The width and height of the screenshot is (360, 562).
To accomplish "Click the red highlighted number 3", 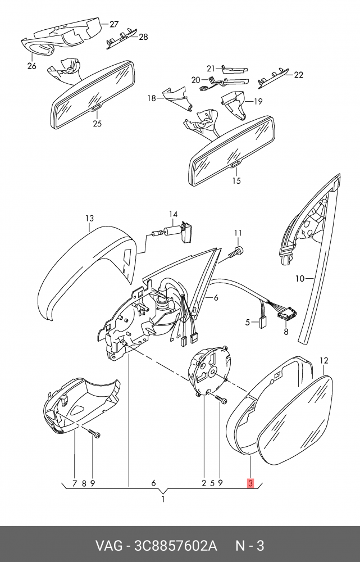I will [250, 483].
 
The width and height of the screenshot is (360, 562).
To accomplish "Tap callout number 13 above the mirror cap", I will [89, 218].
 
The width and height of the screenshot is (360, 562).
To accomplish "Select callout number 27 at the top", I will [114, 24].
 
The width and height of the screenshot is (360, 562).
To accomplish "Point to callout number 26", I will [31, 66].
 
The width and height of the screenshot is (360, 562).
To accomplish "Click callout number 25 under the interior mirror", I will [97, 123].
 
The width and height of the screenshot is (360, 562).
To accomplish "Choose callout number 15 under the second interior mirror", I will [236, 180].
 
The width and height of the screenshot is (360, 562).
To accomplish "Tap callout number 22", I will [298, 75].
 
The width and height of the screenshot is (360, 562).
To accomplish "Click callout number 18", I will [152, 98].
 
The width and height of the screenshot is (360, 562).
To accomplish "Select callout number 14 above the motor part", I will [173, 214].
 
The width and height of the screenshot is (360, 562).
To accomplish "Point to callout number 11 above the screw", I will [238, 233].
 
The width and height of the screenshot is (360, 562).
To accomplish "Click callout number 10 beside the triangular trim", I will [300, 278].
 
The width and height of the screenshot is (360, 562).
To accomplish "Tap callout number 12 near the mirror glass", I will [323, 360].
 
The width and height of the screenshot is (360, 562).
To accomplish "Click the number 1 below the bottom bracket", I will [163, 499].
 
